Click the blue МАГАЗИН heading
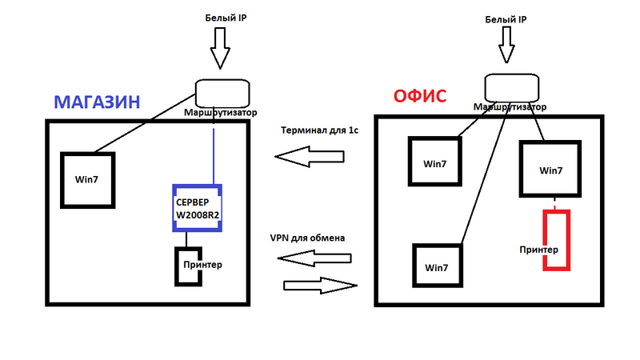click(97, 102)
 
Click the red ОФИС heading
click(420, 98)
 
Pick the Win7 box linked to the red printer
click(551, 170)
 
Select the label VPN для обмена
click(312, 238)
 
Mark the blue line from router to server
click(214, 152)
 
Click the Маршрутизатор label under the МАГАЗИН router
click(221, 114)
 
